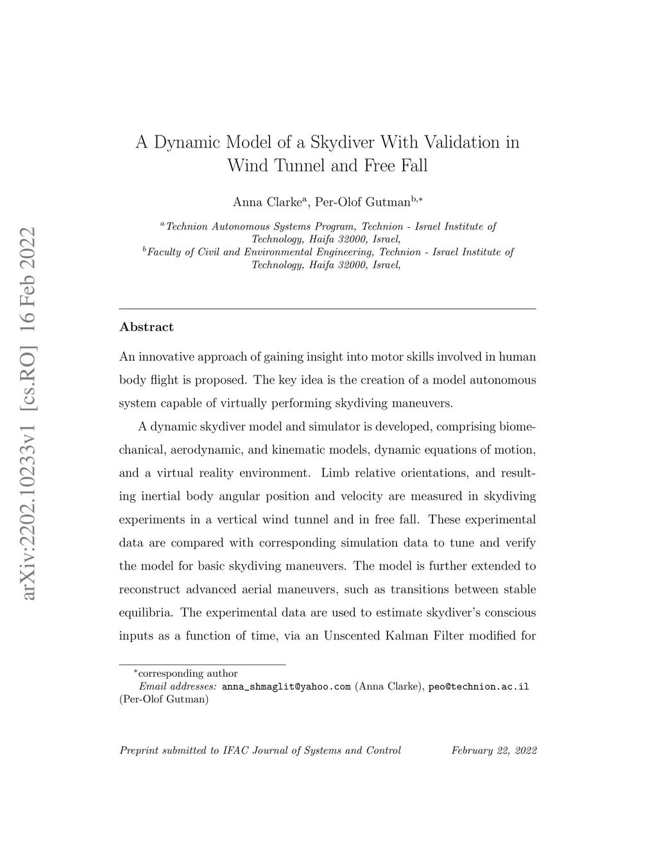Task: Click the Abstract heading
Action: coord(146,327)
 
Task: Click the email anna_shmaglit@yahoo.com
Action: coord(286,686)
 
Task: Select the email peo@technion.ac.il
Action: coord(479,686)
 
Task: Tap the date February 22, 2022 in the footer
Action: coord(493,750)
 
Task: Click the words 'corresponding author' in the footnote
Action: coord(188,674)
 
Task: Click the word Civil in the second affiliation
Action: coord(209,252)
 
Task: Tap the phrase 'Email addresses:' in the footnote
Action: coord(178,686)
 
